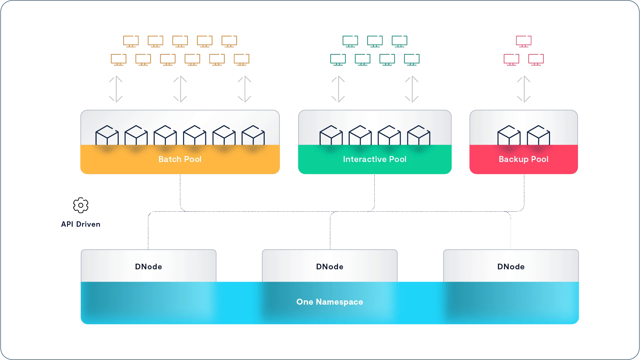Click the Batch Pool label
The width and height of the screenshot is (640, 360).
pos(180,159)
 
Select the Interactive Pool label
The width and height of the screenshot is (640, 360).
pos(375,159)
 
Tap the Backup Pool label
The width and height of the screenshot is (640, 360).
pos(523,159)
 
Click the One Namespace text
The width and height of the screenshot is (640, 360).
pos(330,302)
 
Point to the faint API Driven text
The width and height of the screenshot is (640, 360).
pos(81,224)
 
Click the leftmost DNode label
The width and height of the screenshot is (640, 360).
pos(148,267)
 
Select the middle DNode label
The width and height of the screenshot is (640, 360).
pos(330,267)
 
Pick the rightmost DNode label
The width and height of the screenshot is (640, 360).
pos(511,267)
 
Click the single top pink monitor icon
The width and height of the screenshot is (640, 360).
pos(524,41)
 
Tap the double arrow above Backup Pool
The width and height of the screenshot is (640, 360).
pos(524,89)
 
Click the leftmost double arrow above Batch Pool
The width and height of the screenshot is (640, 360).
pos(116,89)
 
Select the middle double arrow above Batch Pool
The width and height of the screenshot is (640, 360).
pos(180,89)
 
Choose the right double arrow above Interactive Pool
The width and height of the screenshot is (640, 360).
pos(412,89)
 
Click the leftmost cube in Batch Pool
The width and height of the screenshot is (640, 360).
pos(107,135)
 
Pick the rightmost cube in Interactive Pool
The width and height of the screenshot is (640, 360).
pos(419,135)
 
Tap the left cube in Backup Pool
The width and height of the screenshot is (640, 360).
pos(509,135)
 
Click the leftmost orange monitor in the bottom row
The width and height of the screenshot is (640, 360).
pos(118,59)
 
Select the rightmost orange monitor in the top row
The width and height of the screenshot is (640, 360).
pos(229,41)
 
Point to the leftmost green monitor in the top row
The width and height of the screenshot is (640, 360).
pos(350,41)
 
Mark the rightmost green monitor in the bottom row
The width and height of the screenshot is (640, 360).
pos(412,59)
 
